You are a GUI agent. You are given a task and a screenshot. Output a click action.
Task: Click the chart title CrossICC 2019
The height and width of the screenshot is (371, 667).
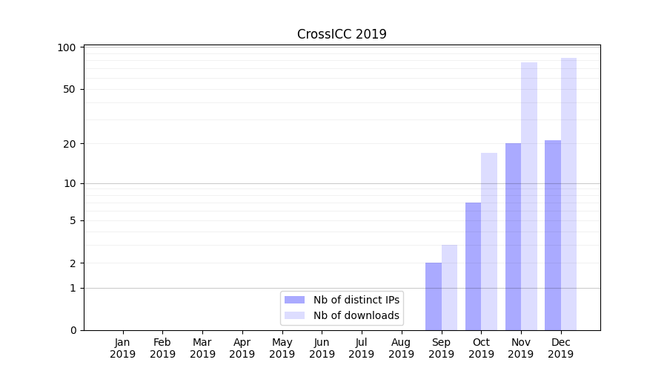point(342,34)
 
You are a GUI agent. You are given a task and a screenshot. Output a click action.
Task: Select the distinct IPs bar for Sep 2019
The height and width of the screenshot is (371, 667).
point(434,297)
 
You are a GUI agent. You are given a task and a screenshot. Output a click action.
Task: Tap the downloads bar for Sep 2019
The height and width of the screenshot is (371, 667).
point(449,288)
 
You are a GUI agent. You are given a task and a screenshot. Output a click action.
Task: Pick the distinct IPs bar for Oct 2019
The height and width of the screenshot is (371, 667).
point(473,266)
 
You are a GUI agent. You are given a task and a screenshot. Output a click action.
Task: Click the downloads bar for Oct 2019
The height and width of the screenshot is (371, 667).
point(489,242)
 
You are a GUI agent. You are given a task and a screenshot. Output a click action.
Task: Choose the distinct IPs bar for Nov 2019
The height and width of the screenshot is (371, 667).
point(513,237)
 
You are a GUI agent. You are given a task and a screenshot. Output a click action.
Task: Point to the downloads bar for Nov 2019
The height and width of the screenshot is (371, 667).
point(529,196)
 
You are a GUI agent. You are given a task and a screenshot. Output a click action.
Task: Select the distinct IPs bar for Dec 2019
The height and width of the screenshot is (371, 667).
point(553,235)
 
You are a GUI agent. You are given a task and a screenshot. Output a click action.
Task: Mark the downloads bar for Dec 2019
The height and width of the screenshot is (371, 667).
point(568,194)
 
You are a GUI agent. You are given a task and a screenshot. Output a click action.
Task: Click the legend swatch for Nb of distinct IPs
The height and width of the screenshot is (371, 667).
point(294,300)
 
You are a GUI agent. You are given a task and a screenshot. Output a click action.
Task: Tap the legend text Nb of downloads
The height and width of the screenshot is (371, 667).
point(356,315)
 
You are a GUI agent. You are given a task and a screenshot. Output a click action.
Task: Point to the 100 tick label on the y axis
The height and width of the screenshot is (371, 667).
point(67,47)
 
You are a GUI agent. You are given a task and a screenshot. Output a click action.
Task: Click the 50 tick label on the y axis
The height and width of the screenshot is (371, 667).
point(70,89)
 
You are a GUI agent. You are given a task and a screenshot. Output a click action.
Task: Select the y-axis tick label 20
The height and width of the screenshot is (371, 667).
point(70,143)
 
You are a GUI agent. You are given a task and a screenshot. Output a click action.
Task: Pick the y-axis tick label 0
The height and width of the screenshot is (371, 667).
point(73,330)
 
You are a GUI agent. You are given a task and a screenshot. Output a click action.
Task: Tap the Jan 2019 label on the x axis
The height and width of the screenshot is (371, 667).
point(123,348)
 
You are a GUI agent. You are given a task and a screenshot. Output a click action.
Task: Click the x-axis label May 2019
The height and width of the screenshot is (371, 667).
point(282,348)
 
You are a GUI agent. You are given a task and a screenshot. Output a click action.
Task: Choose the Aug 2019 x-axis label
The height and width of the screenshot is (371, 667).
point(401,348)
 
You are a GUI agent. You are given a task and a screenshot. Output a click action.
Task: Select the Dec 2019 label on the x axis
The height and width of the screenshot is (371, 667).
point(560,348)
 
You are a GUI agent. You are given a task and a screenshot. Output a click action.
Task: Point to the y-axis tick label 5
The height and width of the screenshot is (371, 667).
point(73,220)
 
